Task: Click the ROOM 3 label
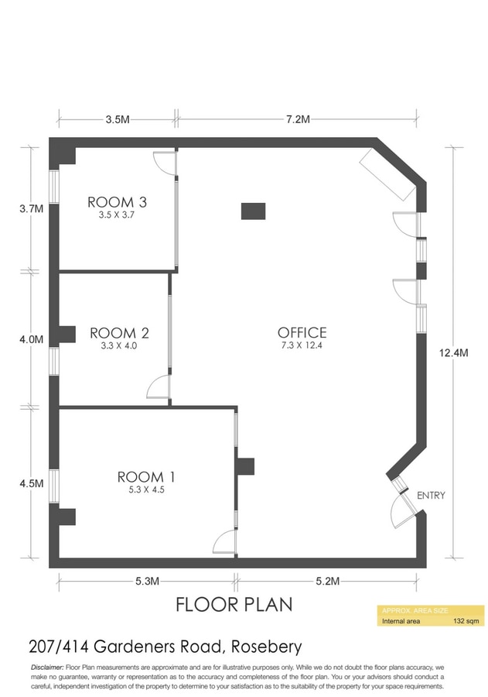pos(117,202)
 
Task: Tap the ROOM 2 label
pos(119,333)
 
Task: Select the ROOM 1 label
pos(146,477)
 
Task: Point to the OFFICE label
pos(302,332)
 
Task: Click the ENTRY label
pos(431,495)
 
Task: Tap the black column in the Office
pos(253,211)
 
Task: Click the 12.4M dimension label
pos(453,353)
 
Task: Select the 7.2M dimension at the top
pos(298,119)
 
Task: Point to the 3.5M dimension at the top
pos(118,119)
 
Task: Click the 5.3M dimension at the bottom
pos(147,581)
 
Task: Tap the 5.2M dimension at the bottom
pos(328,581)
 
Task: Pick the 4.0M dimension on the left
pos(31,340)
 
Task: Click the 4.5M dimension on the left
pos(32,483)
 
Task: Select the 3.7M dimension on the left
pos(31,208)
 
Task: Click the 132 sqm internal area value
pos(466,621)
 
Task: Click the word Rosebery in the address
pos(267,647)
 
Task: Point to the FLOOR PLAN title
pos(234,605)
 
